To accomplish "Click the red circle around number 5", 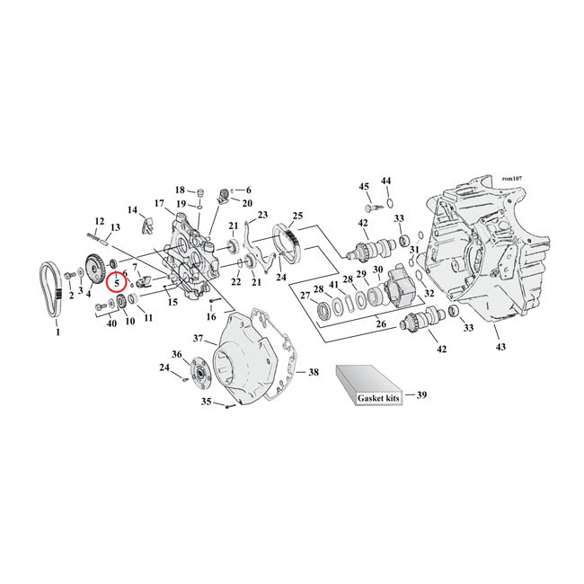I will point(117,282).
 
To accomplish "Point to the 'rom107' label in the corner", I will point(513,181).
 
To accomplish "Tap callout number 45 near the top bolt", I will point(365,187).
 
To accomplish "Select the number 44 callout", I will point(386,181).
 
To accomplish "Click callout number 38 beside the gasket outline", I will point(313,372).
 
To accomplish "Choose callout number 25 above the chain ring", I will point(297,216).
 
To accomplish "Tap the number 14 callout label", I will point(133,210).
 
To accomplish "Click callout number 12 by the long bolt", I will point(100,221).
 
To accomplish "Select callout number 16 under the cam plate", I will point(212,316).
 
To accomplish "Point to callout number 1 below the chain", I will point(59,332).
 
